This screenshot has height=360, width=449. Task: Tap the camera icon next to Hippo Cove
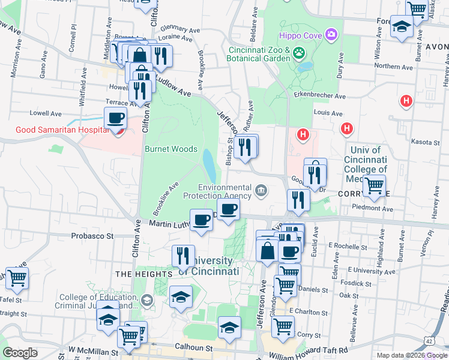pos(330,35)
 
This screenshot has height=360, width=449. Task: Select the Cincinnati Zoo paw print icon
pos(299,55)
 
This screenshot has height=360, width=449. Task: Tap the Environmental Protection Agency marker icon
pos(261,191)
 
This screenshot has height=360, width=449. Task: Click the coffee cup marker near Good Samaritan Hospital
pos(115,118)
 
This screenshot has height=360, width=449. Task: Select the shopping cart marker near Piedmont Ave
pos(375,186)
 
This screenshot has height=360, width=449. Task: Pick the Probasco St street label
pos(92,236)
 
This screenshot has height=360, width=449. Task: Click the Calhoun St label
pos(193,347)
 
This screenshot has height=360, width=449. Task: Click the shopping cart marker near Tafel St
pos(17,278)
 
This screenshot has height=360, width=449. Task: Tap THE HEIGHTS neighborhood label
pos(139,274)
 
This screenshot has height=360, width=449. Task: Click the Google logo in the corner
pos(20,353)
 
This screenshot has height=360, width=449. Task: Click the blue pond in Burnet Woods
pos(208,161)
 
